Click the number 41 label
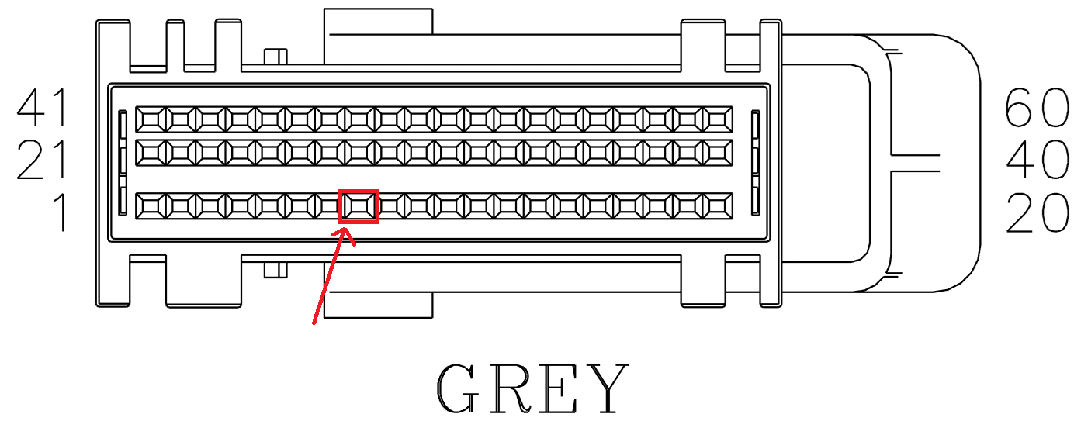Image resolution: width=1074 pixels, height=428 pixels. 43,108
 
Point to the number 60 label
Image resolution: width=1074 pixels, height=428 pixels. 1037,108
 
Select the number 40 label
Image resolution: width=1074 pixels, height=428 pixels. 1037,160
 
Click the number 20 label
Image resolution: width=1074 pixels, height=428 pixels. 1037,212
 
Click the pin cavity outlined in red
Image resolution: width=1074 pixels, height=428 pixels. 359,206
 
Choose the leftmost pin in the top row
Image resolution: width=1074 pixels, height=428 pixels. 151,119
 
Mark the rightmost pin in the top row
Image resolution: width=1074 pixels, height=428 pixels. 716,119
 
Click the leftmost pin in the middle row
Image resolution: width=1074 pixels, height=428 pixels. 151,152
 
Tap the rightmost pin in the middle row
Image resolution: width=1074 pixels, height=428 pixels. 716,152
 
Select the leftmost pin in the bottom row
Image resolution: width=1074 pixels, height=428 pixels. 151,205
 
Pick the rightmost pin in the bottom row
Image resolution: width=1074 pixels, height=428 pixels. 716,205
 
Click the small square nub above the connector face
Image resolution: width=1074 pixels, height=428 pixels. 275,57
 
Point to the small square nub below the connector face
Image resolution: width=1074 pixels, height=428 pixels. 275,269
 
